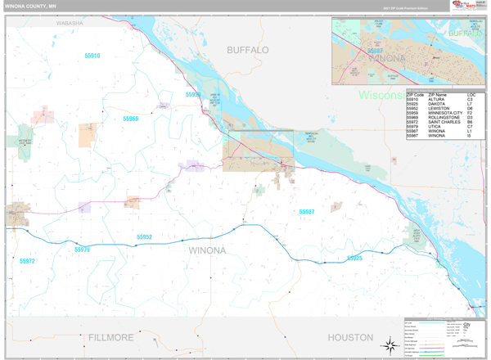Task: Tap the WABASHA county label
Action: (70, 24)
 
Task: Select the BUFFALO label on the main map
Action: (247, 50)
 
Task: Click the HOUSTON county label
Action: (350, 337)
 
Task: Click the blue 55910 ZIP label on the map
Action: (92, 56)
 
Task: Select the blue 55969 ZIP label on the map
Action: (131, 119)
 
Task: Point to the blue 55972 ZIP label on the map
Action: (27, 260)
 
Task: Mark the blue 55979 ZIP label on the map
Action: (82, 250)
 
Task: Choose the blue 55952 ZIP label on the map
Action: (144, 237)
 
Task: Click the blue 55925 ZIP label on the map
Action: (354, 258)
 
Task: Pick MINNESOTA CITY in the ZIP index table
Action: (444, 115)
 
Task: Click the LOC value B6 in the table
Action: (470, 125)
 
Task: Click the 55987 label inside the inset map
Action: (376, 51)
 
